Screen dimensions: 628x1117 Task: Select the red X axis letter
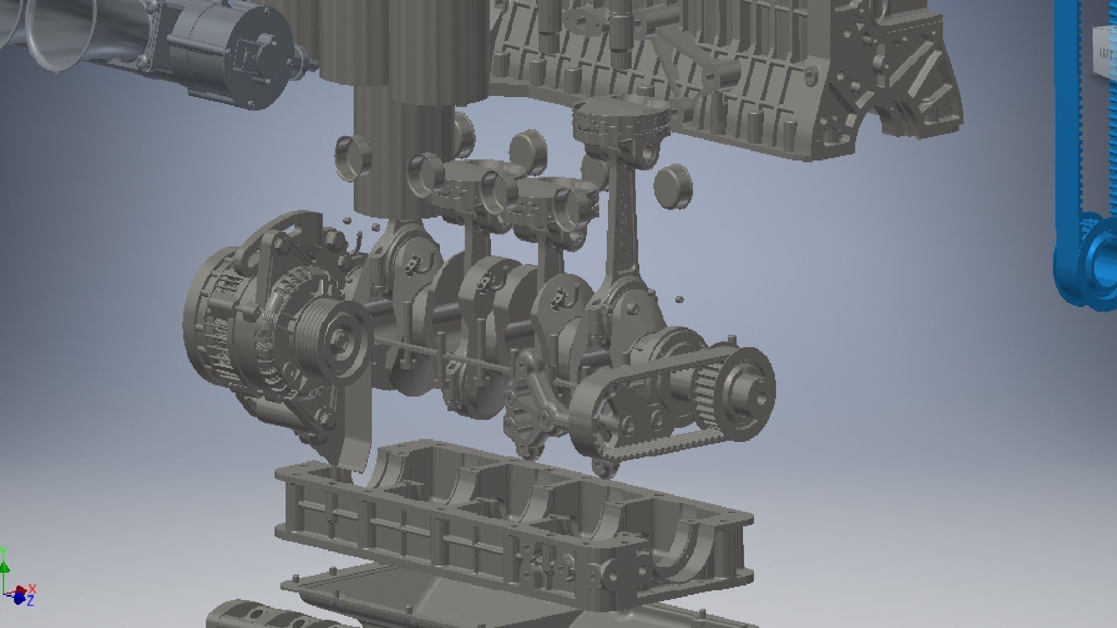point(33,588)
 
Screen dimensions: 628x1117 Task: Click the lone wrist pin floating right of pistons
point(674,186)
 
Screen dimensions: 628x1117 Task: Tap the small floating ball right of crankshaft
point(679,300)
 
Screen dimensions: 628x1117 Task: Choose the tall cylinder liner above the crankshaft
point(401,157)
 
